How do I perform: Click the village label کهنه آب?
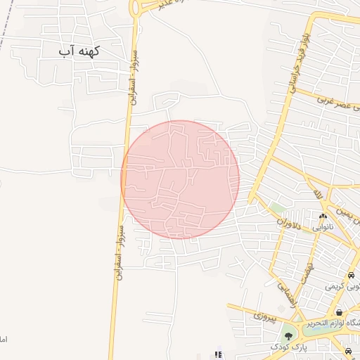[79, 51]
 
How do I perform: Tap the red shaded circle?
[180, 179]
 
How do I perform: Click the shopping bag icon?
[339, 312]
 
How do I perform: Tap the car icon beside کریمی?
[350, 275]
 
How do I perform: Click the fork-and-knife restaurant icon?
[218, 354]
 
